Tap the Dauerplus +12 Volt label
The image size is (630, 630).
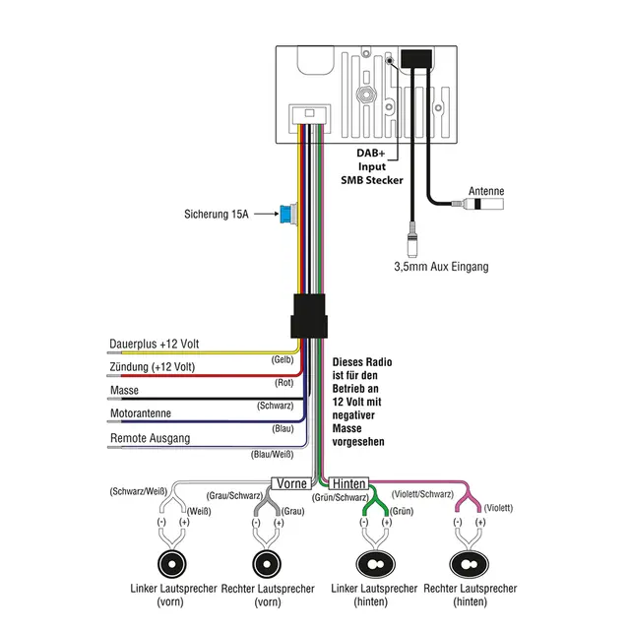[x=155, y=344]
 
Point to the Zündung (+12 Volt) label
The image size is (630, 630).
[x=153, y=367]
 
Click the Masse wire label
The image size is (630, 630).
[x=124, y=391]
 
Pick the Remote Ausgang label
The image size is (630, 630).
[x=150, y=438]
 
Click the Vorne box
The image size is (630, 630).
[x=291, y=483]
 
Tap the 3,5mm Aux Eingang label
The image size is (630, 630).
[x=441, y=267]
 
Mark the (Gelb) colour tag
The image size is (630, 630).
[x=283, y=360]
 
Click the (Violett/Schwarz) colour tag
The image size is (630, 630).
[x=422, y=494]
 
